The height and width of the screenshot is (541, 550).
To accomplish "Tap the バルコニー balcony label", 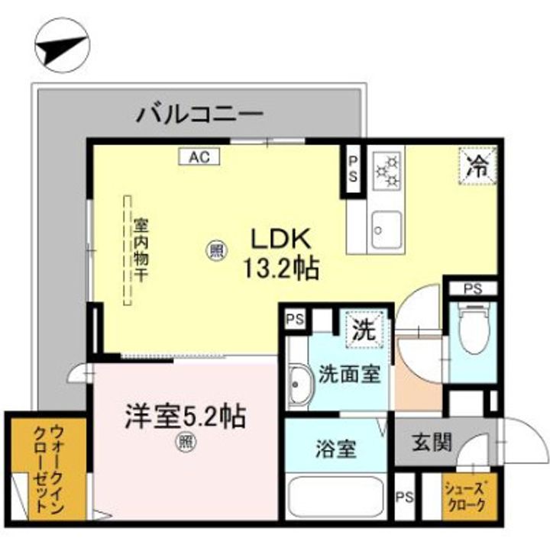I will [200, 116].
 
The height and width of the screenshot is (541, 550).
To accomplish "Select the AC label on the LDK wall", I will [199, 157].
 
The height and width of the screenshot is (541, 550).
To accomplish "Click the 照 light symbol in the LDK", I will [216, 250].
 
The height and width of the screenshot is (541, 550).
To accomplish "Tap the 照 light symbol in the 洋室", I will [184, 440].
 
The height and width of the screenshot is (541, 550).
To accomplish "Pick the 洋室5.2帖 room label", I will [185, 416].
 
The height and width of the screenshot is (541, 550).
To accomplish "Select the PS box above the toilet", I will [472, 289].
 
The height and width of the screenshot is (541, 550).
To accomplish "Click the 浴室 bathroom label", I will [336, 449].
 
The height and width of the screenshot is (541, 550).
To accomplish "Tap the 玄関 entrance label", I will [432, 443].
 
